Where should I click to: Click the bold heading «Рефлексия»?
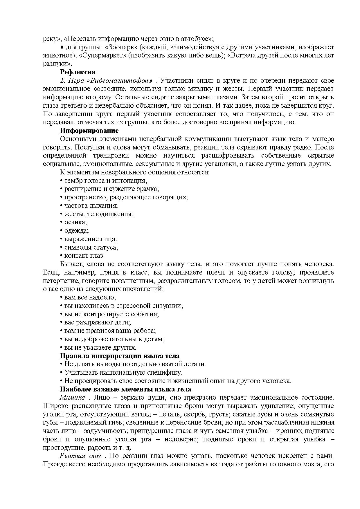(x=78, y=72)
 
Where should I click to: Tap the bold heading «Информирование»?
(x=89, y=131)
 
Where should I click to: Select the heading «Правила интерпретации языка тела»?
(x=120, y=356)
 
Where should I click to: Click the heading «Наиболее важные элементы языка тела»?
(x=125, y=389)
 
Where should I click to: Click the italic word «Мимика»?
(x=73, y=398)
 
